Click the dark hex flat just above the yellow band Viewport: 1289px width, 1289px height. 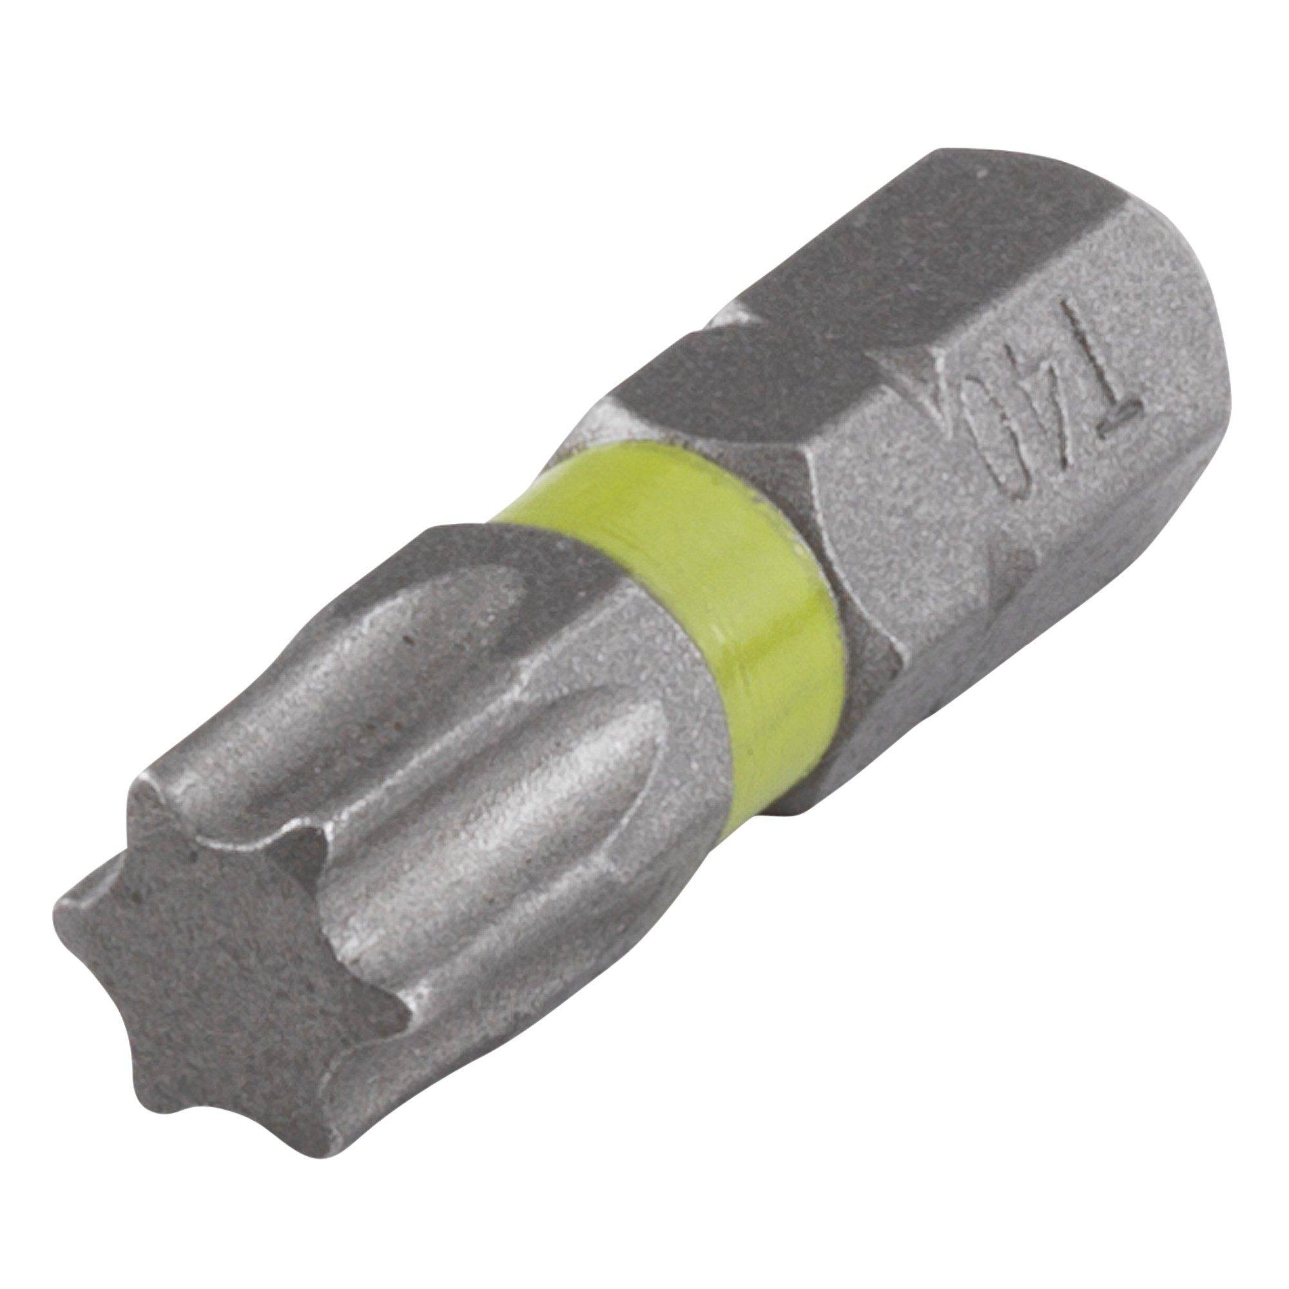[x=734, y=394]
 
